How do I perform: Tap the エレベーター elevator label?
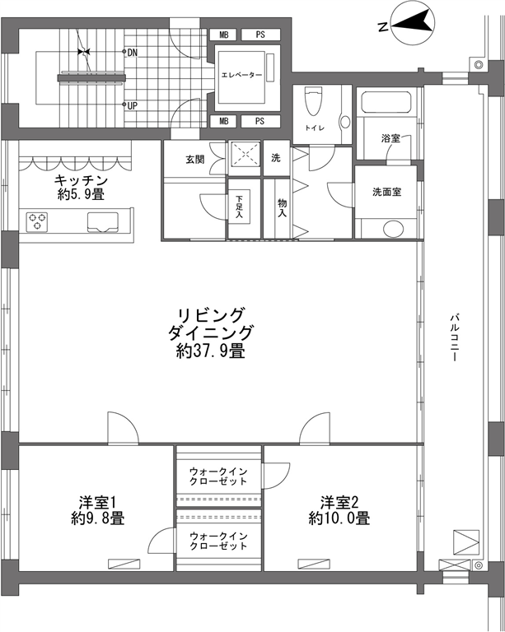(241, 76)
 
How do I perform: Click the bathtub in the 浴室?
(386, 102)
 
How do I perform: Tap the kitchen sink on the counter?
(103, 222)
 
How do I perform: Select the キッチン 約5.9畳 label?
(81, 187)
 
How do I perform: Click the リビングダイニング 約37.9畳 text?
(212, 332)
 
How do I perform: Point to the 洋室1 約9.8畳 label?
(98, 510)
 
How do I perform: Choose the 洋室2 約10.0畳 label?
(339, 510)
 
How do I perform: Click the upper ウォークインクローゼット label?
(218, 476)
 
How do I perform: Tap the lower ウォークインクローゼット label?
(218, 541)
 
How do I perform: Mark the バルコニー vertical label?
(454, 337)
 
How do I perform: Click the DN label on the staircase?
(133, 53)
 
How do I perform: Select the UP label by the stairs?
(133, 106)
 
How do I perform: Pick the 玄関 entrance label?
(194, 159)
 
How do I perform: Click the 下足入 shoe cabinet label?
(240, 207)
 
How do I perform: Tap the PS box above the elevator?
(260, 35)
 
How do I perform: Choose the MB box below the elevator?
(224, 121)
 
